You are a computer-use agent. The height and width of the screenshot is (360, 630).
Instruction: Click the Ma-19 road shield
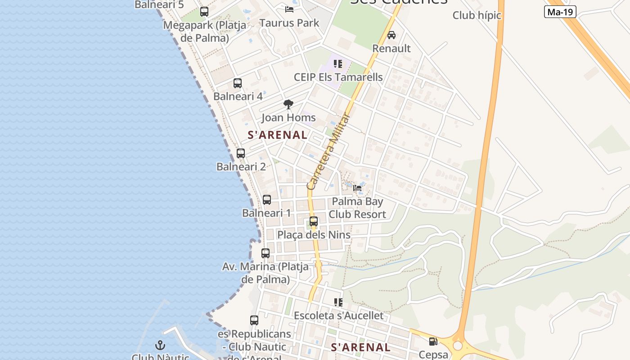coord(560,12)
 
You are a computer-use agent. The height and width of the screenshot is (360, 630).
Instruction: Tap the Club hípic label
coord(477,15)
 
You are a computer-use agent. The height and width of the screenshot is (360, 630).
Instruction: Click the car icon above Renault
coord(391,35)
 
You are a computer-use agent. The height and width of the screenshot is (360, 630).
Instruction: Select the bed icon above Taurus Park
coord(289,9)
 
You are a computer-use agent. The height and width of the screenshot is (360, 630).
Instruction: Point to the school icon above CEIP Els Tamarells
coord(338,64)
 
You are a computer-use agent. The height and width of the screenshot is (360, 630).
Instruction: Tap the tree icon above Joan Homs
coord(288,105)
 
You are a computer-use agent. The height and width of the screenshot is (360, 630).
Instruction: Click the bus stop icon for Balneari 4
coord(238,83)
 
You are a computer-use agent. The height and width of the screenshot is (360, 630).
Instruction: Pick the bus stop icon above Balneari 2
coord(241,153)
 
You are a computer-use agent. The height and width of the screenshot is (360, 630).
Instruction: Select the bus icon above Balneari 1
coord(267,200)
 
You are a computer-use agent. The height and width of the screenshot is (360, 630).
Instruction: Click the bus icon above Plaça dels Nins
coord(314,221)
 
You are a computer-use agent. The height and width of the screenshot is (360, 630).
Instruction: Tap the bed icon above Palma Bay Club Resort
coord(357,188)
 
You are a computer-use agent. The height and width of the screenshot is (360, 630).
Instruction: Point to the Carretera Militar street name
coord(328,152)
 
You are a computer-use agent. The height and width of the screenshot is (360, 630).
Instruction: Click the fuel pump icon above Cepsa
coord(433,342)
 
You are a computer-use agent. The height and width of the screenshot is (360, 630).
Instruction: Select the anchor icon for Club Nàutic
coord(160,345)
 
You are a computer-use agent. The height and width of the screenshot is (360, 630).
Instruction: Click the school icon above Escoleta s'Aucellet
coord(338,302)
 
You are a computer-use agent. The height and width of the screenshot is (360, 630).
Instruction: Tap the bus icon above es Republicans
coord(254,320)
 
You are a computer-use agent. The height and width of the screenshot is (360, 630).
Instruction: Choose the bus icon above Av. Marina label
coord(265,253)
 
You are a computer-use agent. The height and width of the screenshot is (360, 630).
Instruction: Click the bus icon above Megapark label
coord(204,12)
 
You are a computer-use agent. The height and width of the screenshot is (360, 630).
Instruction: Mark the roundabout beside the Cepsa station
coord(458,346)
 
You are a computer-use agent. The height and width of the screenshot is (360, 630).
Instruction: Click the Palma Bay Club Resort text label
coord(357,208)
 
